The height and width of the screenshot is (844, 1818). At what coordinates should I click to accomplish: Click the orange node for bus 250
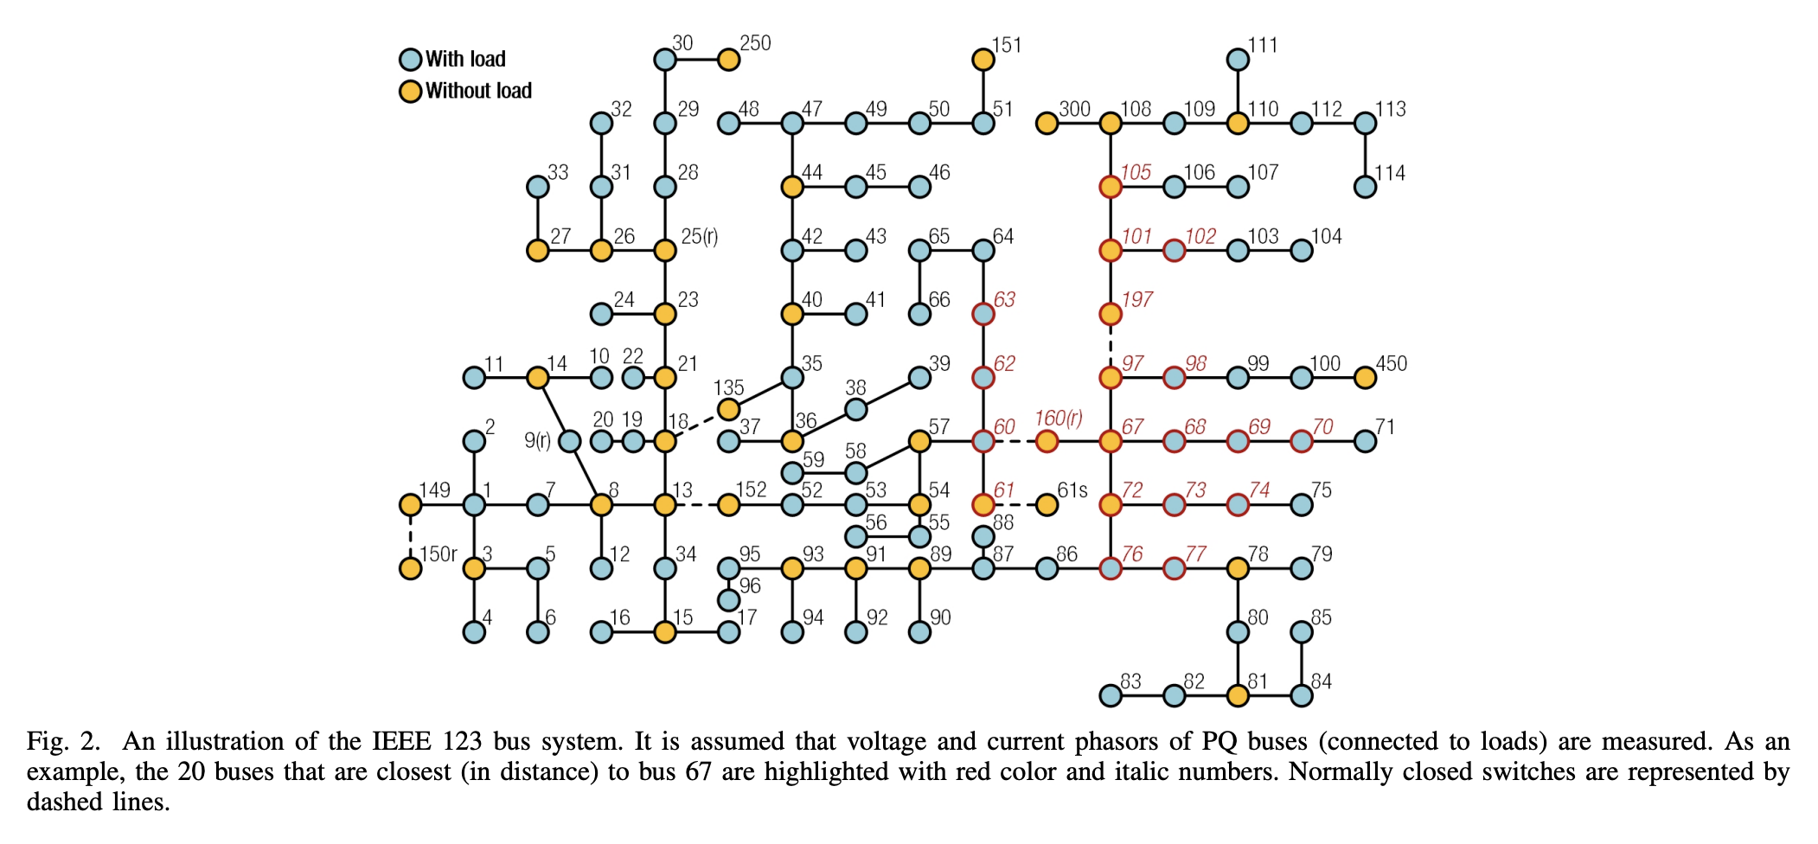point(728,60)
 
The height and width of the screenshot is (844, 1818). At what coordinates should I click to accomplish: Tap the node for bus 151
point(983,60)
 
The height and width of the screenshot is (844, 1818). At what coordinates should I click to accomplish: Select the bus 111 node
point(1238,60)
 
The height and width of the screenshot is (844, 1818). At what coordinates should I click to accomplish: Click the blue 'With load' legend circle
point(410,60)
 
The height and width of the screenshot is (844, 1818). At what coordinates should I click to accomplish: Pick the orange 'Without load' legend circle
point(410,91)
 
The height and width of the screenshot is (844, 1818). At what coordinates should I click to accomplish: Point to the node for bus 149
point(410,505)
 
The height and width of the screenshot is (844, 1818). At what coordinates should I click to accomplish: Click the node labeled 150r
point(410,568)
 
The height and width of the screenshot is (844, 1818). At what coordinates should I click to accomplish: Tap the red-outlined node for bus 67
point(1111,441)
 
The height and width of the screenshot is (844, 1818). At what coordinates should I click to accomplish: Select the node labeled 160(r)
point(1047,441)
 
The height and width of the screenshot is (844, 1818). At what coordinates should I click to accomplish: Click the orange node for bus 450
point(1365,378)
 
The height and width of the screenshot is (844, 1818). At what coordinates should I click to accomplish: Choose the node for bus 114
point(1365,187)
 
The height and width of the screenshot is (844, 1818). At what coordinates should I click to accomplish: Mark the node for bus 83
point(1111,695)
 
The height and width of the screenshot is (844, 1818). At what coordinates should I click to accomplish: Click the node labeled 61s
point(1047,505)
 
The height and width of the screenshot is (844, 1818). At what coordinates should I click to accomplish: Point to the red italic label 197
point(1136,300)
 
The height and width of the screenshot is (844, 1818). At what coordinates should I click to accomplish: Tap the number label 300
point(1074,110)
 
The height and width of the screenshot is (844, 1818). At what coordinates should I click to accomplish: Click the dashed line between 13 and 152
point(696,505)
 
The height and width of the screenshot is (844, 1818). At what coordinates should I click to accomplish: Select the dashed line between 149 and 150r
point(410,536)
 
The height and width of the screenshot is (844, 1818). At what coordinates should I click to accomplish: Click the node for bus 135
point(728,409)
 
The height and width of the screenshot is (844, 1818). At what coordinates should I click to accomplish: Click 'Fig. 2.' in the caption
point(63,742)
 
